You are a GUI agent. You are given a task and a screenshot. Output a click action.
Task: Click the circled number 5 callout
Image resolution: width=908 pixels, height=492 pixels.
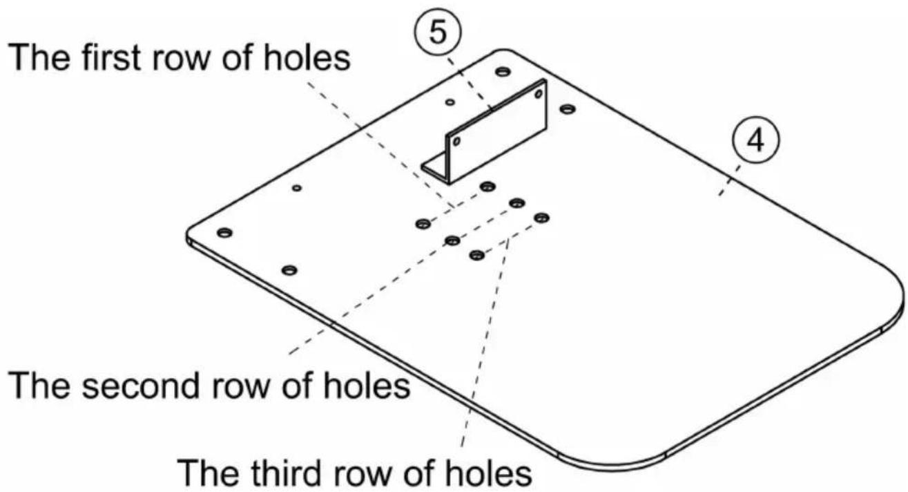pos(438,32)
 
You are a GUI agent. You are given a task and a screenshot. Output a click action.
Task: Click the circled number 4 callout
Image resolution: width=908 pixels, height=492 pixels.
pos(755,140)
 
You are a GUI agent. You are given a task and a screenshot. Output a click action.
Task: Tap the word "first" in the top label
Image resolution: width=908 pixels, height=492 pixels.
pos(111,57)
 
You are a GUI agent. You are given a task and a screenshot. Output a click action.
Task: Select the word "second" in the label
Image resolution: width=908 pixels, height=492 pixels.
pos(140,386)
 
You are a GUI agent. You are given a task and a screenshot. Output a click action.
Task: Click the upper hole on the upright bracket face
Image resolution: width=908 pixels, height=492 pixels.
pos(539,94)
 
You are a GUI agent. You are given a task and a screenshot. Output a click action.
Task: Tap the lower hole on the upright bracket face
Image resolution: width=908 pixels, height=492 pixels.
pos(456,141)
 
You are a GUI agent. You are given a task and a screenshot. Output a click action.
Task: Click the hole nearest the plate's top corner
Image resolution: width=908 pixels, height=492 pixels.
pos(503,72)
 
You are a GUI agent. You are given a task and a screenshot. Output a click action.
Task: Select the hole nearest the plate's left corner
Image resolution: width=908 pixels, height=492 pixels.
pos(224,233)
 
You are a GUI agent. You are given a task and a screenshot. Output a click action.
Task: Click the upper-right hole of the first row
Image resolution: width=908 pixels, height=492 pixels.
pos(487,187)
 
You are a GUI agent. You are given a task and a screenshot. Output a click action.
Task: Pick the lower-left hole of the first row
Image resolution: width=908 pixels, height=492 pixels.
pos(423,223)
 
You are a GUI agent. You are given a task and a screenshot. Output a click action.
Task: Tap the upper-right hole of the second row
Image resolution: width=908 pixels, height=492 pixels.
pos(516,202)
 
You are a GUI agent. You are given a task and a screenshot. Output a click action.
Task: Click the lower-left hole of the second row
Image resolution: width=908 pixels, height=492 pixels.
pos(452,240)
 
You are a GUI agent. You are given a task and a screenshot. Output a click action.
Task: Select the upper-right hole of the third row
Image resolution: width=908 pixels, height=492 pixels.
pos(542,218)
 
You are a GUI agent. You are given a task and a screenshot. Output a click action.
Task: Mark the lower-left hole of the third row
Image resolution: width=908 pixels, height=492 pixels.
pos(477,255)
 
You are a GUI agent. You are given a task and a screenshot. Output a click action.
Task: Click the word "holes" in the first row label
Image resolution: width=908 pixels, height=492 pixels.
pos(307,57)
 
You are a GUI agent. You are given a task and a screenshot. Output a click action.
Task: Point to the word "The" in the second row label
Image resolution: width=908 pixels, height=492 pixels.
pos(41,386)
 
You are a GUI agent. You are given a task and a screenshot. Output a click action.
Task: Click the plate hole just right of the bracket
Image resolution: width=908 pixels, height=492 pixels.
pos(568,108)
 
